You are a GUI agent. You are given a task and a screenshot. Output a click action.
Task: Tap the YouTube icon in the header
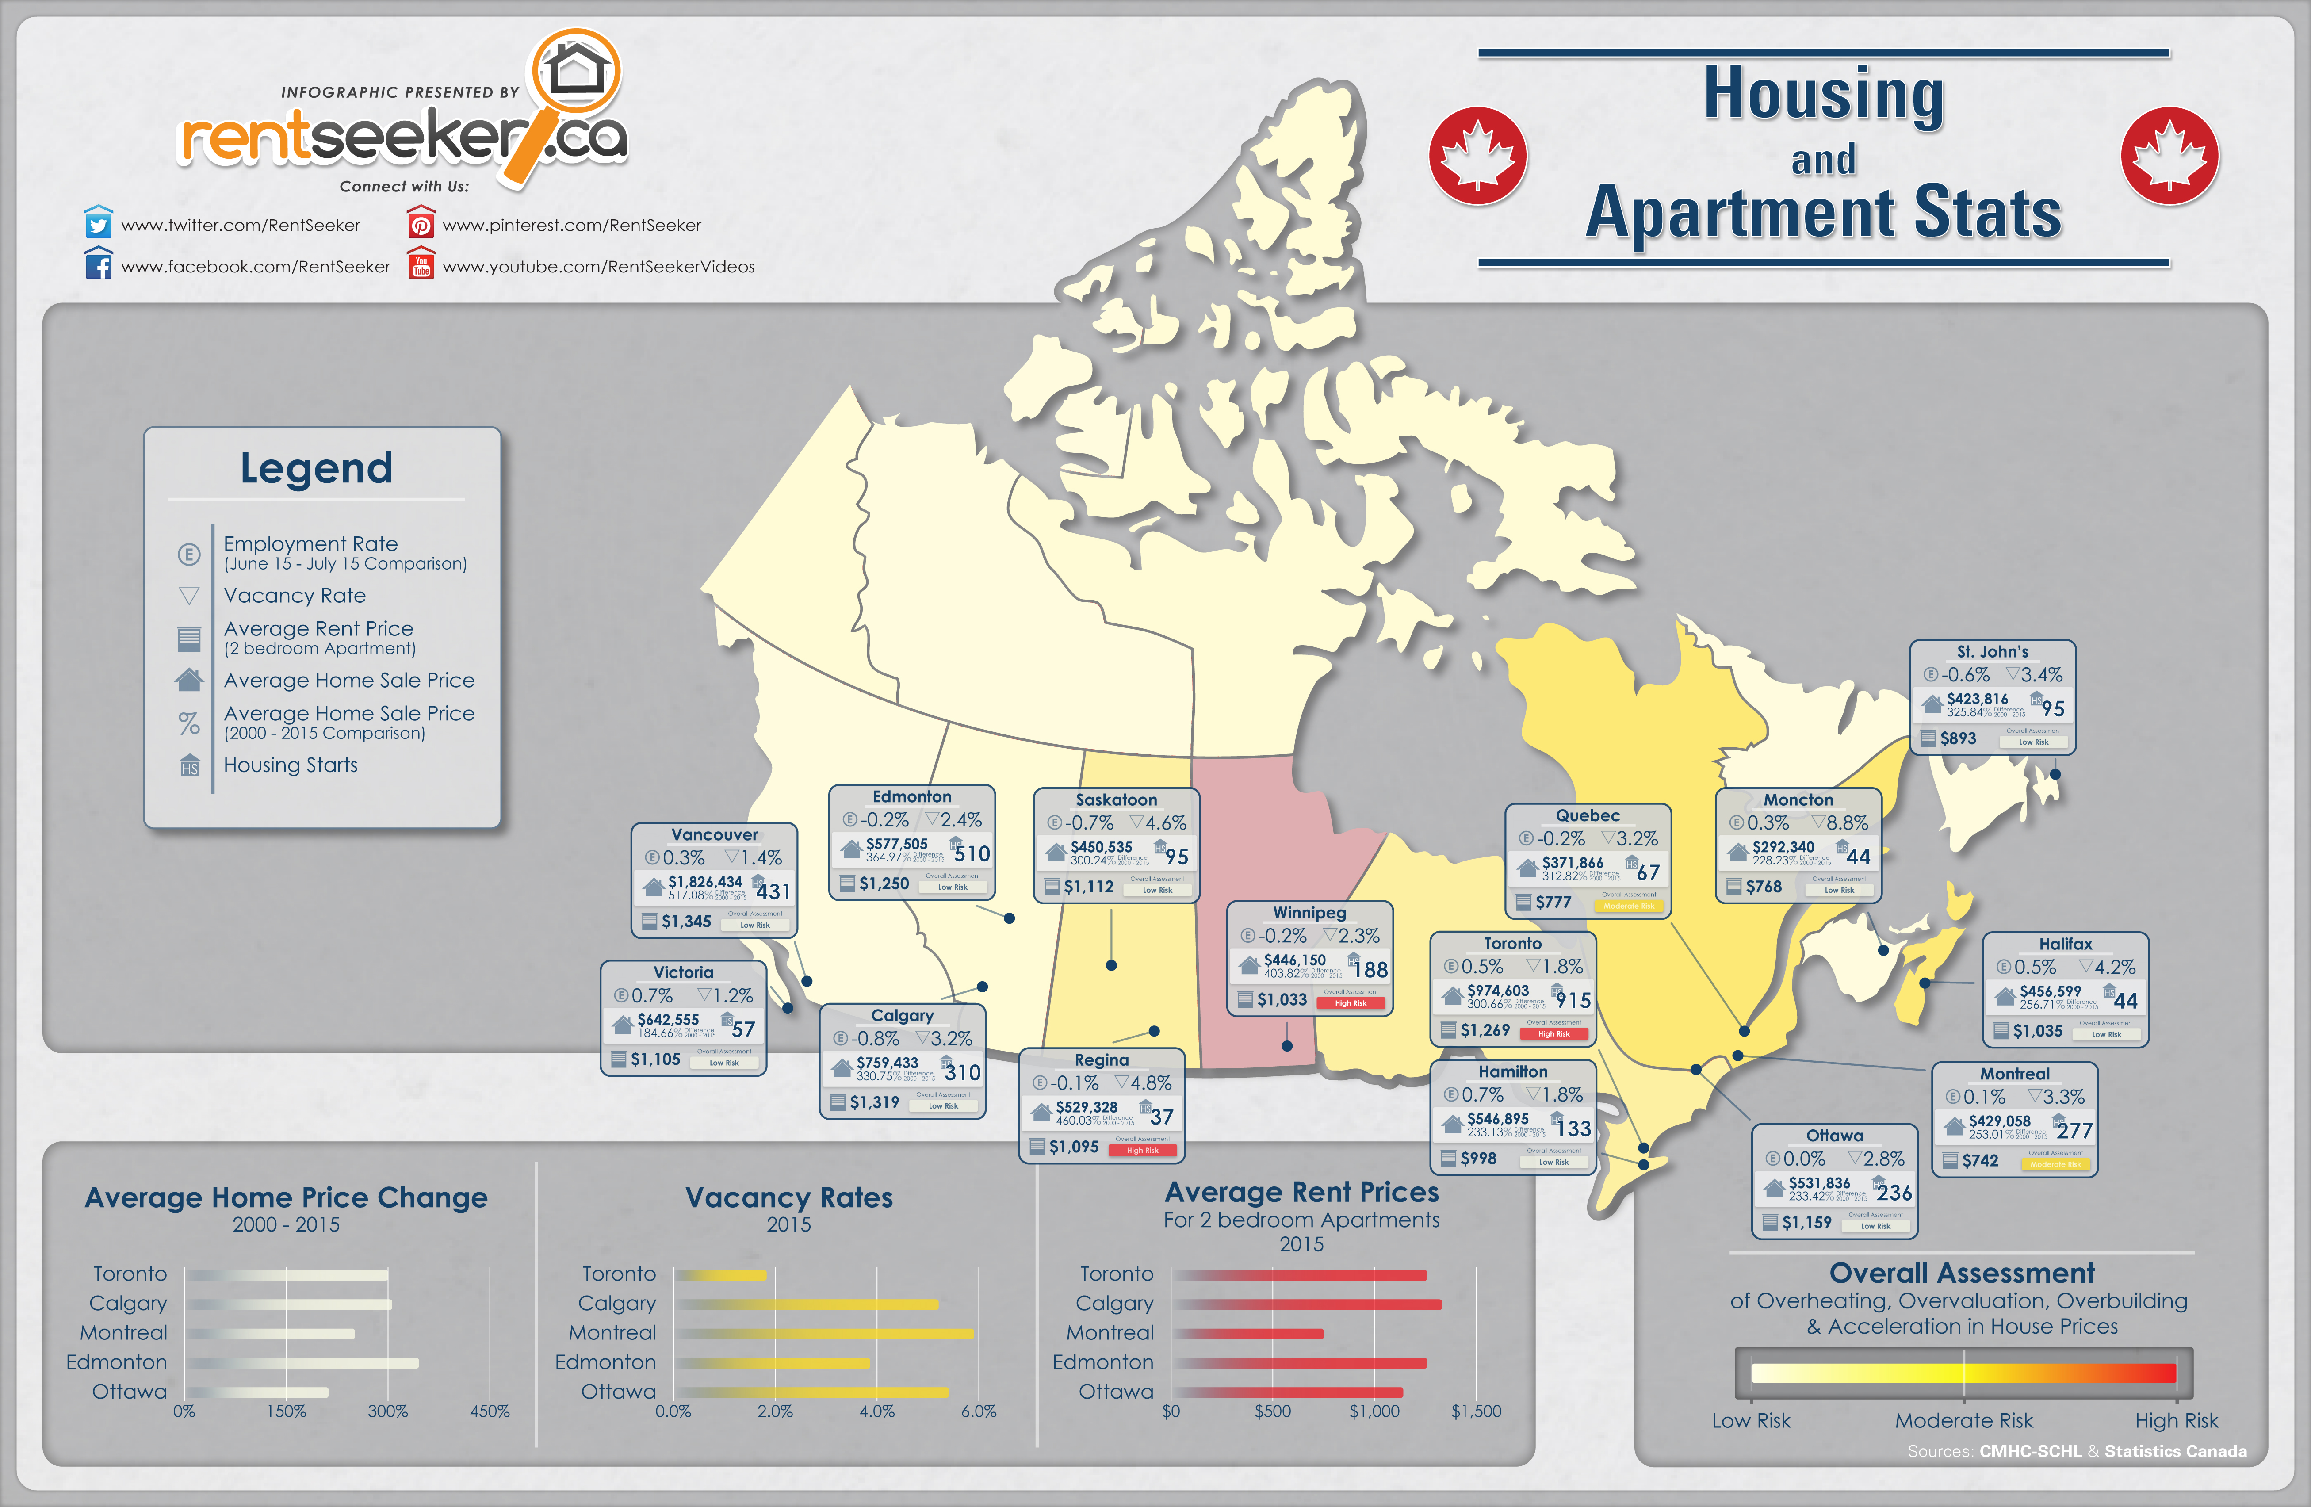421,265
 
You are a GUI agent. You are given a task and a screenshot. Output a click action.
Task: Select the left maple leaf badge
1477,155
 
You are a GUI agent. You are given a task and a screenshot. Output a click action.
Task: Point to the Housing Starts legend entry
291,765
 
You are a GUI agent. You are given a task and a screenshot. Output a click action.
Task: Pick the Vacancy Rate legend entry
294,595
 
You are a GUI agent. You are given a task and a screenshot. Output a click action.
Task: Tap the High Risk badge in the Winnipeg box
1350,1003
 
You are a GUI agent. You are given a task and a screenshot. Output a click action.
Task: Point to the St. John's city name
1993,651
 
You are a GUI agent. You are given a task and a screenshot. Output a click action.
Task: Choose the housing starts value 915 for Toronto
1573,1000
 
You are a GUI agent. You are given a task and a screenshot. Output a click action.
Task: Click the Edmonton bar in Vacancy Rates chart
772,1362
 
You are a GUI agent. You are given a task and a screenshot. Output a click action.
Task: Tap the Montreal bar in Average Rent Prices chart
1248,1333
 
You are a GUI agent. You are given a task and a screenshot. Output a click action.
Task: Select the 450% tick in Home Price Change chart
490,1411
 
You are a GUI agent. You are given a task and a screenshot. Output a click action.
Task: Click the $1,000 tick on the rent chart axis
1374,1411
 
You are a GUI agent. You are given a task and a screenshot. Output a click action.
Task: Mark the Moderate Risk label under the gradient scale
1963,1421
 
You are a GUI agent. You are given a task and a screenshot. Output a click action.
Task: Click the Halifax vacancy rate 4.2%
2114,967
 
